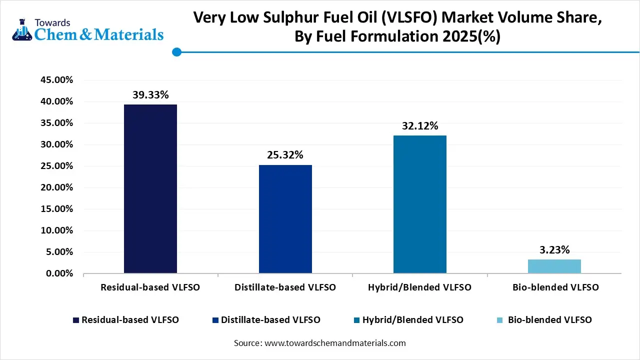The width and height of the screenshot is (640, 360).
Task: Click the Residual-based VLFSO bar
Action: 150,188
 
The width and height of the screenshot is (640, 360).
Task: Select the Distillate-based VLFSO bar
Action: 285,219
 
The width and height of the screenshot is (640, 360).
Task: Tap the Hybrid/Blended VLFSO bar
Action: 419,204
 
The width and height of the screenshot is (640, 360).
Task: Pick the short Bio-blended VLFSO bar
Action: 554,266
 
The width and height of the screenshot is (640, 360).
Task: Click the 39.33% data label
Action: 150,95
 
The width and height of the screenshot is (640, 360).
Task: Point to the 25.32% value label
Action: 285,155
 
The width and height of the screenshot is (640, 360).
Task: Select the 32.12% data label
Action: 419,126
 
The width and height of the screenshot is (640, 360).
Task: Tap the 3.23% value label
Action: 554,250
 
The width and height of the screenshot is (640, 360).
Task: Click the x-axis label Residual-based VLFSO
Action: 150,287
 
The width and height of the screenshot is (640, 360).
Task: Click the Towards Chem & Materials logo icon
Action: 21,30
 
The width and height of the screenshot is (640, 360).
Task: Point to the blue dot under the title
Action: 176,52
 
